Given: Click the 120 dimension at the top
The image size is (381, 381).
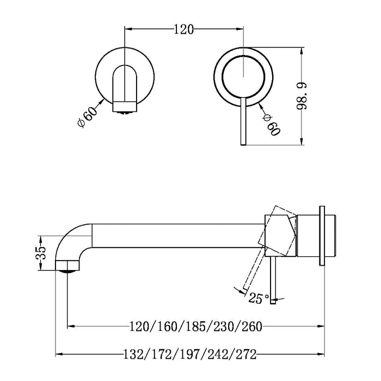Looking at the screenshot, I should point(184,29).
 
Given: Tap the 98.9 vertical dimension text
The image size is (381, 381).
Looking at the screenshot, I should point(305,96).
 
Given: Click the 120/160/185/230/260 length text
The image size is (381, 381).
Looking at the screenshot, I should point(194,327).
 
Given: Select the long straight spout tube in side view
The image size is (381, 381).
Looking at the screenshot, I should point(174,233).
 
